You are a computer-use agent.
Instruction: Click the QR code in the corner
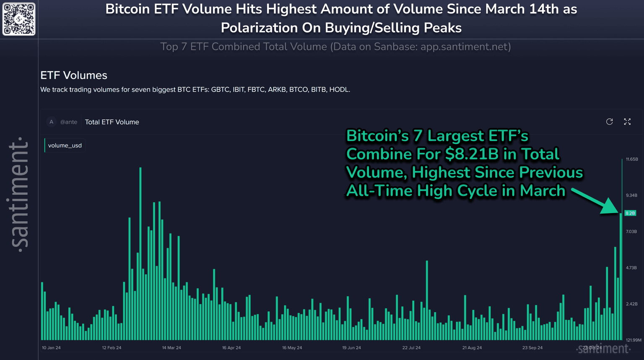click(x=19, y=19)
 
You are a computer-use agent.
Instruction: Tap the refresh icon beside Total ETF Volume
click(x=610, y=122)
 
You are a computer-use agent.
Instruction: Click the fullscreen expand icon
click(x=627, y=122)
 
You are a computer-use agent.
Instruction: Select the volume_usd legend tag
click(x=65, y=146)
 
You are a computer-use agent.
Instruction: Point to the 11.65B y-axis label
click(x=632, y=159)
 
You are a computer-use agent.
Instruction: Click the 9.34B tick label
click(x=631, y=196)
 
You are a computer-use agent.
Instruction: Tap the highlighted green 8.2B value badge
click(x=630, y=213)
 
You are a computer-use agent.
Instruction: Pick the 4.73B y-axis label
click(x=631, y=268)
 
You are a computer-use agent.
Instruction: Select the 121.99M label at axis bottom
click(x=634, y=340)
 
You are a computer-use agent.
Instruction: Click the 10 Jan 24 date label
click(x=51, y=348)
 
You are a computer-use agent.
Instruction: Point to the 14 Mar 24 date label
click(x=171, y=348)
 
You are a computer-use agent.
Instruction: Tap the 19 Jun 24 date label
click(x=351, y=348)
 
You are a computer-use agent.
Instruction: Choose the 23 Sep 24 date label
click(x=532, y=348)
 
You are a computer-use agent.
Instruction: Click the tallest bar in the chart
click(x=140, y=252)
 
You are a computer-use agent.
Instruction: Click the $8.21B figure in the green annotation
click(x=472, y=154)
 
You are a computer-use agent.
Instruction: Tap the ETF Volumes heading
click(x=74, y=76)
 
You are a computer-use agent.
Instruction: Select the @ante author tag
click(x=69, y=122)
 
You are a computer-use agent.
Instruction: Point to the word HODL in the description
click(x=339, y=90)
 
